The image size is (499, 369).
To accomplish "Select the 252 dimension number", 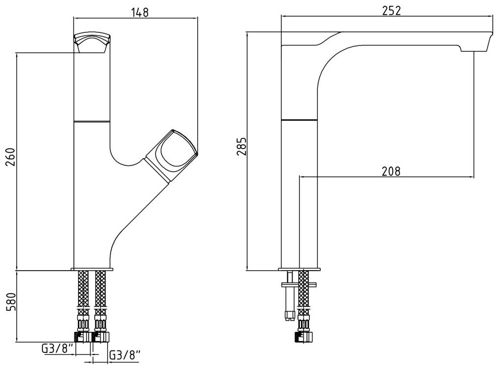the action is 392,10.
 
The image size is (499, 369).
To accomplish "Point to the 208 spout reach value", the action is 391,171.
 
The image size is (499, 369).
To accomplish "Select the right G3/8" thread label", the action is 124,354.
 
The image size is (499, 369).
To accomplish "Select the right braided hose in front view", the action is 101,294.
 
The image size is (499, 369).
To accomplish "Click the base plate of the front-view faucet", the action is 92,269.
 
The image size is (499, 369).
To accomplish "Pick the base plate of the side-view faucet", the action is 299,268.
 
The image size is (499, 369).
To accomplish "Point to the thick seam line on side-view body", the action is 299,119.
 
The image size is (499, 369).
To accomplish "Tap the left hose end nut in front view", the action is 81,337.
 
